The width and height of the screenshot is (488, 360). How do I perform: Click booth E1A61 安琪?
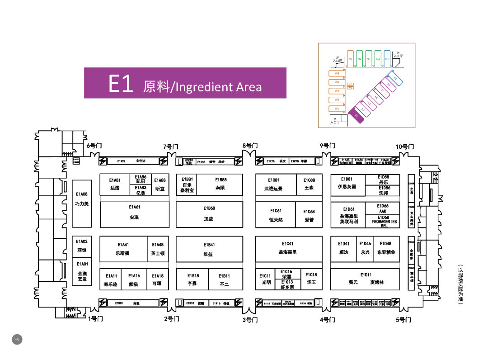click(134, 214)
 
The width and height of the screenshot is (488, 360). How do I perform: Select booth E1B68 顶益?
click(208, 214)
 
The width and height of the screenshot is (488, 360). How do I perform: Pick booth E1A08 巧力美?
click(82, 204)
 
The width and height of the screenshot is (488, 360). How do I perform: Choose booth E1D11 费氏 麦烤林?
click(366, 279)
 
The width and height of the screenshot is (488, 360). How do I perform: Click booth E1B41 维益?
click(208, 249)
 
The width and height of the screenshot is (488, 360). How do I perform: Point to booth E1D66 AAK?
click(383, 208)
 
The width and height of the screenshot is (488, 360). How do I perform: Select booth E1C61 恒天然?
click(276, 215)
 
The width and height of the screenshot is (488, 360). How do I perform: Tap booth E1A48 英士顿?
click(158, 249)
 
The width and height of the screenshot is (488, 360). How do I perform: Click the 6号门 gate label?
click(94, 146)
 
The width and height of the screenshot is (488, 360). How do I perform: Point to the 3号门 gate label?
click(250, 320)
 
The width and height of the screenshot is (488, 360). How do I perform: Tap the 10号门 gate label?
click(405, 147)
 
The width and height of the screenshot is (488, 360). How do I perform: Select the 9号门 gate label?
click(328, 146)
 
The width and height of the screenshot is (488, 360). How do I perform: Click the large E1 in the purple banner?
click(121, 84)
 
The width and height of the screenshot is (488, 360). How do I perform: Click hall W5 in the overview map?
click(337, 73)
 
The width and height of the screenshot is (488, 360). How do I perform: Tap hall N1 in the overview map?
click(351, 59)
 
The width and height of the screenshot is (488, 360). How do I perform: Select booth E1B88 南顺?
click(221, 185)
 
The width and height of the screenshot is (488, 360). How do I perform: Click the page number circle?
click(17, 339)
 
